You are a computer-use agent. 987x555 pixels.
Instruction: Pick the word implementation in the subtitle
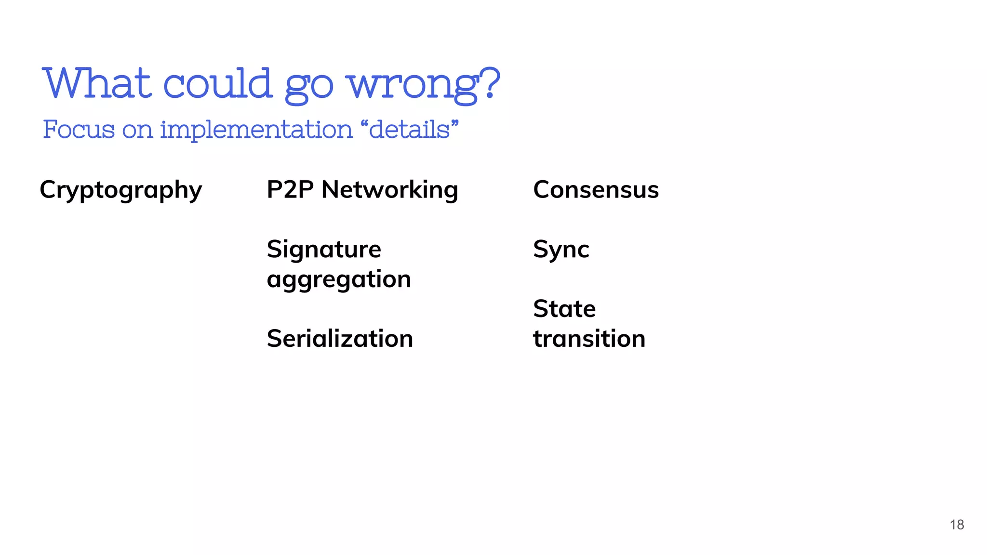(256, 130)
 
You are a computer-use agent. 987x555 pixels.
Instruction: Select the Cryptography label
(121, 190)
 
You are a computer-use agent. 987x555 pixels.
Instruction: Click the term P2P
(290, 189)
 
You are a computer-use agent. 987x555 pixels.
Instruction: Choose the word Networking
(389, 190)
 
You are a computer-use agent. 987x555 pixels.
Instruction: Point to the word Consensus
(596, 189)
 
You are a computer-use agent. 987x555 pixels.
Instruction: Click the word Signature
(324, 250)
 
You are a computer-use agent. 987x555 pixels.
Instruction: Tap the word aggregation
(339, 279)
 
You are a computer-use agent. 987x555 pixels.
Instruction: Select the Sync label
(561, 250)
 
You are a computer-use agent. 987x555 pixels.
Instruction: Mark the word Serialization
(340, 338)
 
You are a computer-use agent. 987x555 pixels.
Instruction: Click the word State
(564, 309)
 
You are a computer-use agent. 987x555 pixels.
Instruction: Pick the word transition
(589, 338)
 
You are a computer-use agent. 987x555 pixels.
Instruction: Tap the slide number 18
(957, 525)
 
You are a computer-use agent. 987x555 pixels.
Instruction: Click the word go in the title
(309, 87)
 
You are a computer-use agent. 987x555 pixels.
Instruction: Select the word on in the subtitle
(137, 130)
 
